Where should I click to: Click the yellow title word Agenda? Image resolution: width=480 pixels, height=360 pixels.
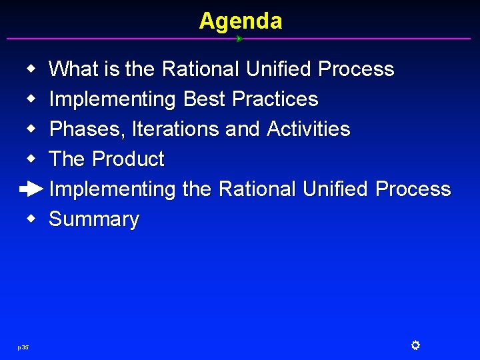pyautogui.click(x=240, y=21)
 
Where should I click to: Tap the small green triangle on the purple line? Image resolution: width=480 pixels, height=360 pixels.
pyautogui.click(x=239, y=39)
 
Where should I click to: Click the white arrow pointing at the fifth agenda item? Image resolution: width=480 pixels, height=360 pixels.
pyautogui.click(x=31, y=189)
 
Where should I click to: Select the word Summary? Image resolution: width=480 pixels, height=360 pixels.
pyautogui.click(x=94, y=219)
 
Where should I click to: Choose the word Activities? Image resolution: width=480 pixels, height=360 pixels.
pyautogui.click(x=308, y=129)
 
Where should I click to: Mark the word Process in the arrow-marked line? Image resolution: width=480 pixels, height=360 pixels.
pyautogui.click(x=413, y=189)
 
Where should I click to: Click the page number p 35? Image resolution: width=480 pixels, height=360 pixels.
pyautogui.click(x=23, y=347)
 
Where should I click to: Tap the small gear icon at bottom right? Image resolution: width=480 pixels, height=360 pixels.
pyautogui.click(x=415, y=345)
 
